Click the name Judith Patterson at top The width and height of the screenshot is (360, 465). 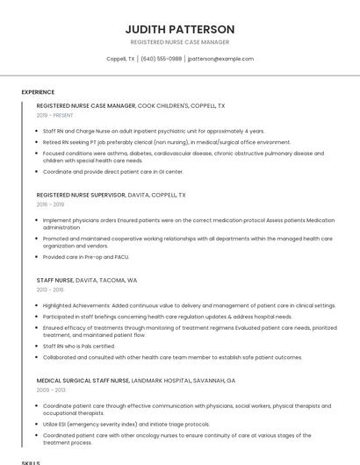tap(179, 29)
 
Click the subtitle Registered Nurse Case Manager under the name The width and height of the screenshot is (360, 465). tap(179, 42)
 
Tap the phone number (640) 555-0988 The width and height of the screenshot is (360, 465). tap(162, 59)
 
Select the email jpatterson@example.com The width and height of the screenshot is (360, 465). tap(221, 59)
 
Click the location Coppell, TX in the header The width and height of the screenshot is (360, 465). tap(120, 59)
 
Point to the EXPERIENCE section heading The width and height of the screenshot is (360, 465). tap(38, 92)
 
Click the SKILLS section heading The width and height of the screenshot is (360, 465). tap(31, 461)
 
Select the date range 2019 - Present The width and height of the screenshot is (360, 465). tap(54, 115)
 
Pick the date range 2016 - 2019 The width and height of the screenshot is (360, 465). tap(50, 204)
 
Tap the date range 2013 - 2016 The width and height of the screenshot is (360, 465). tap(50, 289)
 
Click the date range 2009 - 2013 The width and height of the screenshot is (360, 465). tap(50, 390)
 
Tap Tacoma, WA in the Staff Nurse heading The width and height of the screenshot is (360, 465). tap(118, 280)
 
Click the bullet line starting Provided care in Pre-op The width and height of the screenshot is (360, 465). tap(86, 257)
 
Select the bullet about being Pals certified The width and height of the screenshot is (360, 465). tap(80, 346)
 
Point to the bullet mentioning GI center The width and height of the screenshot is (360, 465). tap(113, 171)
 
